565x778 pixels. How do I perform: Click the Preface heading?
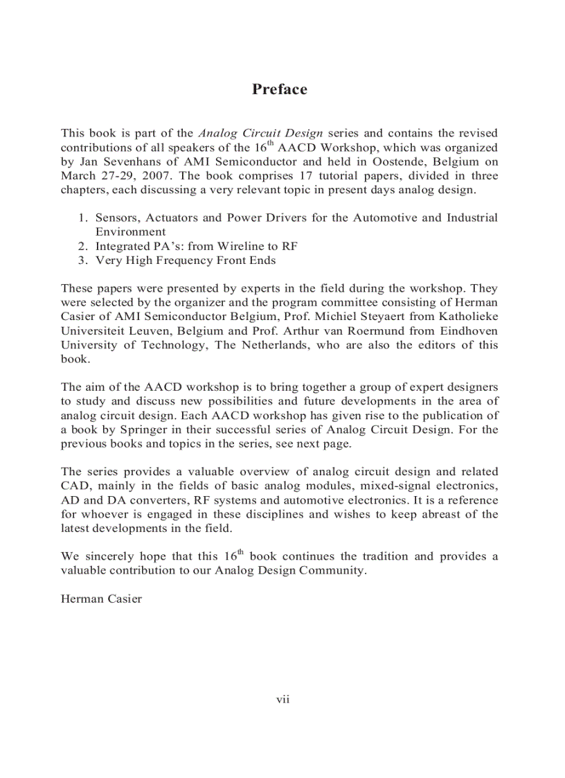[279, 89]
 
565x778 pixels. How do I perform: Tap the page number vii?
[282, 699]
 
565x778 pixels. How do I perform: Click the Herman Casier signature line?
[101, 599]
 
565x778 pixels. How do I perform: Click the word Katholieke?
[469, 317]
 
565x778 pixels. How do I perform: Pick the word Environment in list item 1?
[130, 231]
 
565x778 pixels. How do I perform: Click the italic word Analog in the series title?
[217, 132]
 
